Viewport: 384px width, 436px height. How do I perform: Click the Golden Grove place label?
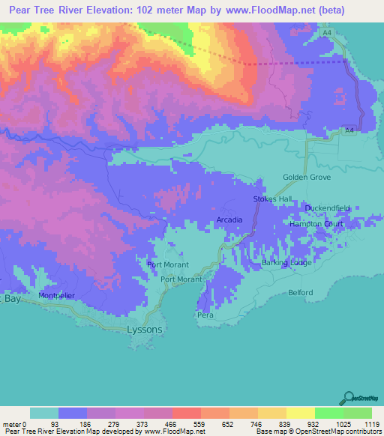pyautogui.click(x=306, y=178)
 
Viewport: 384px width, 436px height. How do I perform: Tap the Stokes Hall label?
pyautogui.click(x=272, y=199)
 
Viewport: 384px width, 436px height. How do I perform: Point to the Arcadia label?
pyautogui.click(x=229, y=219)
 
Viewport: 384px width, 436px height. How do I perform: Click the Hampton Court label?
pyautogui.click(x=316, y=224)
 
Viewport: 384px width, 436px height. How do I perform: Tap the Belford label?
pyautogui.click(x=300, y=293)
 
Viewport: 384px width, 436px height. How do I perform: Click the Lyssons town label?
pyautogui.click(x=144, y=329)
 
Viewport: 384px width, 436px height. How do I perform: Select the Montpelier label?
pyautogui.click(x=57, y=296)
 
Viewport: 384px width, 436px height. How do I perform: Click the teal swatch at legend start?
pyautogui.click(x=44, y=413)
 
